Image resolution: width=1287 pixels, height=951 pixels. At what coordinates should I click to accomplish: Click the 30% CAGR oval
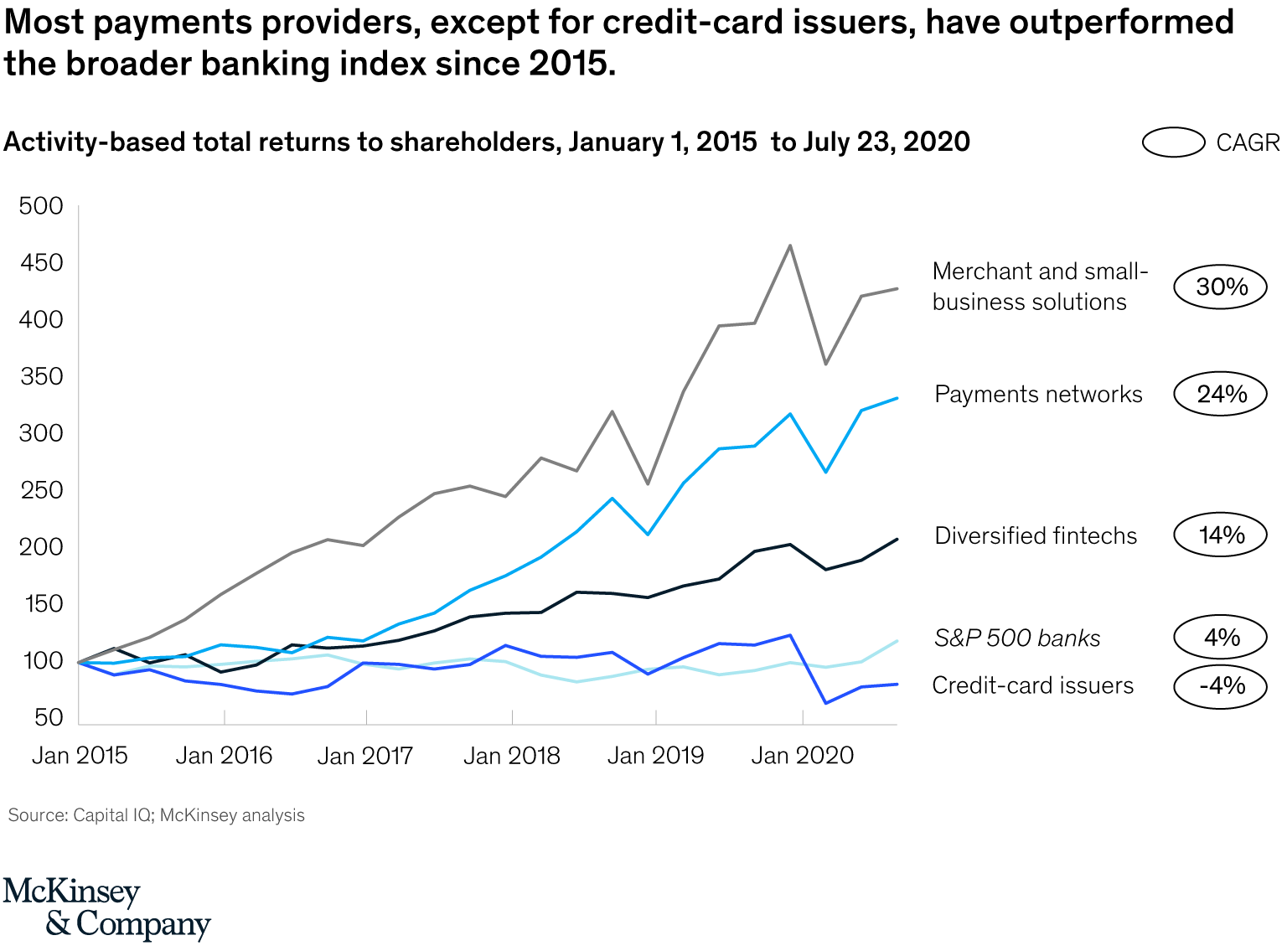(1220, 287)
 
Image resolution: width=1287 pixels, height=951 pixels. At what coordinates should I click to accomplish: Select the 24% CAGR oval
(1220, 394)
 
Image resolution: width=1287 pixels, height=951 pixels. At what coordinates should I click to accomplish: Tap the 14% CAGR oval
(1220, 535)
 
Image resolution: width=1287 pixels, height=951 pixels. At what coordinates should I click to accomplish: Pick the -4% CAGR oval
(1220, 686)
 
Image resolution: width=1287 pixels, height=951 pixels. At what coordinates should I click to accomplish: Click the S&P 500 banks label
(1016, 638)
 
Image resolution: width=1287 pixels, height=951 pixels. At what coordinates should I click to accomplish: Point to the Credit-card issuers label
(1032, 686)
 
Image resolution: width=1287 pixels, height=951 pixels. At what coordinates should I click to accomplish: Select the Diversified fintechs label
(1036, 536)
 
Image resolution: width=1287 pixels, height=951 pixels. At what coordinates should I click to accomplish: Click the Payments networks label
(1038, 395)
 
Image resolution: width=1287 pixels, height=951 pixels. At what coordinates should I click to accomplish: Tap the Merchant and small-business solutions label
(1039, 287)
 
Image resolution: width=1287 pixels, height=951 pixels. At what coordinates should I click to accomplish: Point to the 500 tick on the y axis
(41, 206)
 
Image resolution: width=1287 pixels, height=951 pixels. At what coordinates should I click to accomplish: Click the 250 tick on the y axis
(41, 490)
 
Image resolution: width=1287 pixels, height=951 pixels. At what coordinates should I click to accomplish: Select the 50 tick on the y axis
(49, 717)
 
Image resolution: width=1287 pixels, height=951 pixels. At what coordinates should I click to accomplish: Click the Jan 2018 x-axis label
(511, 756)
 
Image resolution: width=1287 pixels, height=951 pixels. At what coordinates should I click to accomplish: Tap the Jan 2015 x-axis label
(80, 756)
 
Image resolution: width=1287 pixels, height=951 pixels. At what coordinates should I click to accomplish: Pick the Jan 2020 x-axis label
(802, 756)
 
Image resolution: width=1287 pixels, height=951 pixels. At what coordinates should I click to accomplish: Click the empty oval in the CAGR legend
(1174, 142)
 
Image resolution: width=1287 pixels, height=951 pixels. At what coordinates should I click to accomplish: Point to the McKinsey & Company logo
(106, 908)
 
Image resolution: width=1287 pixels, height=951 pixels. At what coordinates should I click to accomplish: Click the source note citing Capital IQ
(157, 815)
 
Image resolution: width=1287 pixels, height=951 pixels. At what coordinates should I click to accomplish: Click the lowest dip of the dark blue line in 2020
(826, 703)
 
